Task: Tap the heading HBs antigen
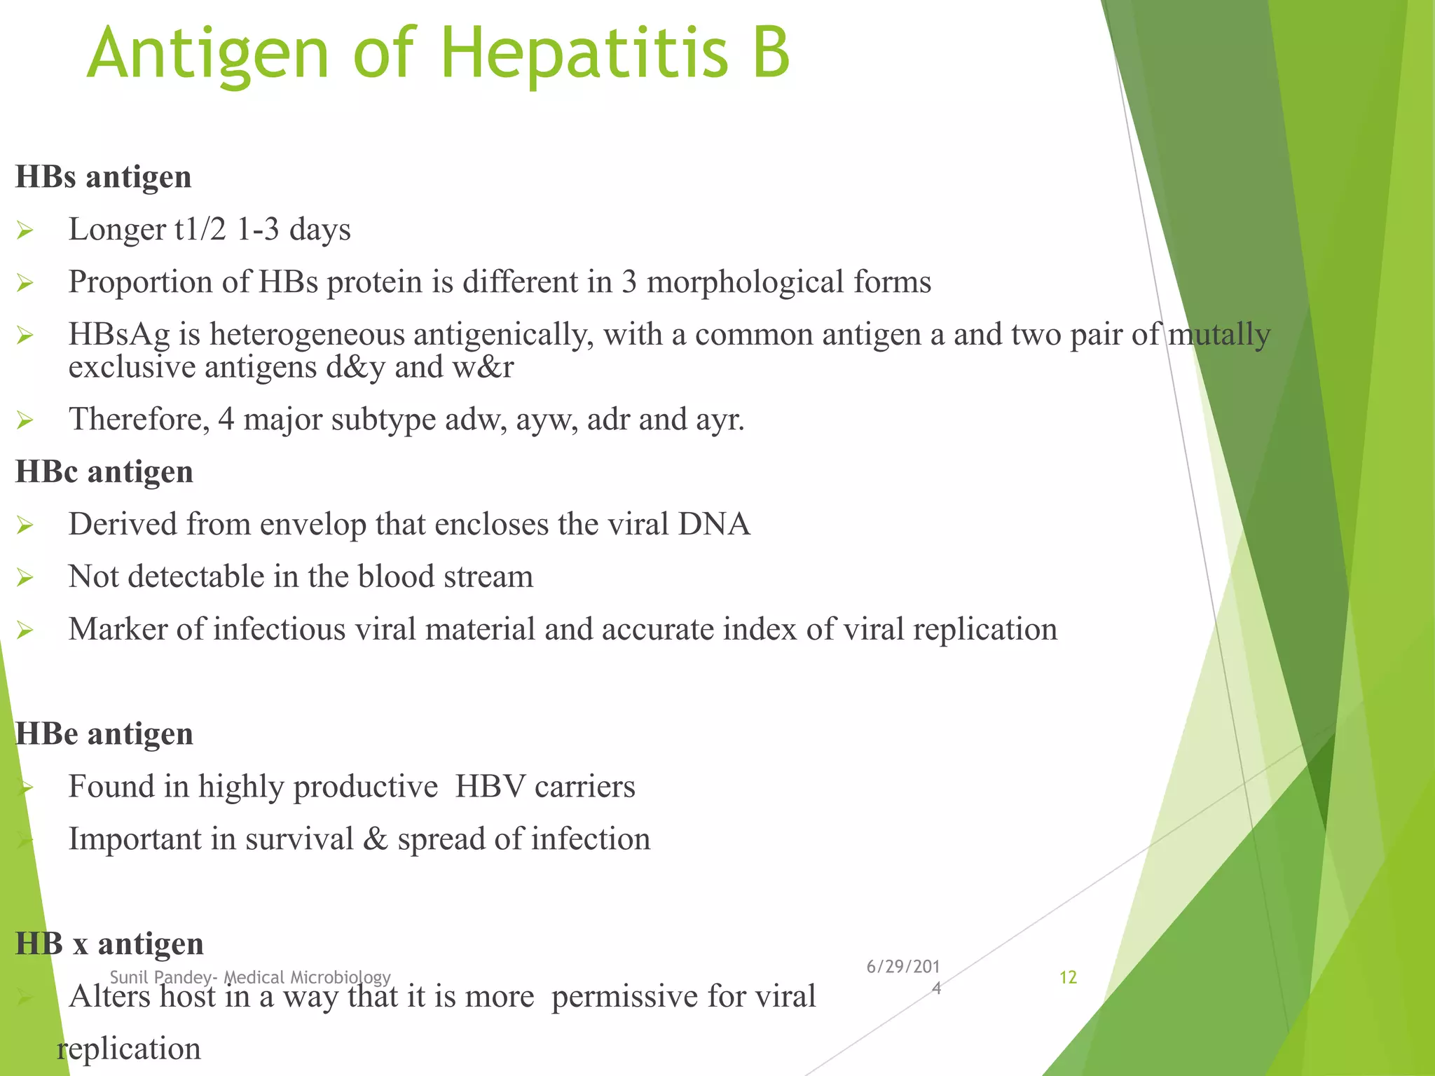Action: pos(103,177)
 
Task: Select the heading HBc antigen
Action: pos(104,471)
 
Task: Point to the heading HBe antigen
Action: pos(104,733)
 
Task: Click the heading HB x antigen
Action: pos(109,944)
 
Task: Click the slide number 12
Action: pos(1067,977)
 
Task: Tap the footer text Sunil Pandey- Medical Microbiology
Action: pos(250,977)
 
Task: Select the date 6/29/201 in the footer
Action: pos(902,967)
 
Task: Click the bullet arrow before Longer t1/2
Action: pos(25,230)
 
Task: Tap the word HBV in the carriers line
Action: pos(490,787)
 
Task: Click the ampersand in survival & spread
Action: pos(376,839)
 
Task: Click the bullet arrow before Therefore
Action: pos(25,420)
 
